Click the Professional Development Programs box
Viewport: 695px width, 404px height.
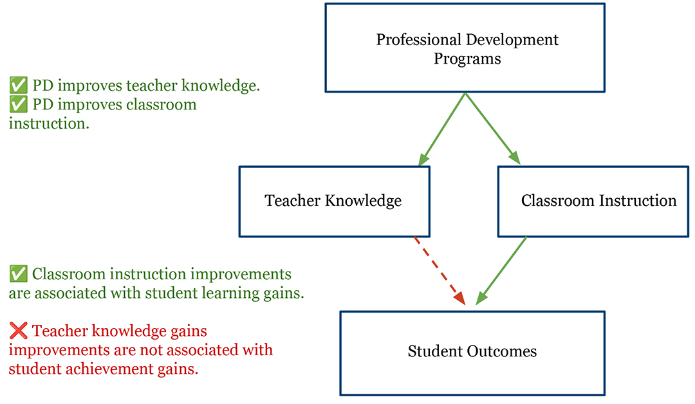(465, 48)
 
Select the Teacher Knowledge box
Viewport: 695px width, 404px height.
(334, 201)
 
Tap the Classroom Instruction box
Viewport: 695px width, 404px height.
(593, 201)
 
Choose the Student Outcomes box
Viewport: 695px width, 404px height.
(472, 354)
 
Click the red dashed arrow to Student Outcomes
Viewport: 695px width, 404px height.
(440, 271)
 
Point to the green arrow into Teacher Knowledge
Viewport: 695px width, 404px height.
(442, 129)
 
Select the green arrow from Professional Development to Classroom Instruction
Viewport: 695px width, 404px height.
(492, 129)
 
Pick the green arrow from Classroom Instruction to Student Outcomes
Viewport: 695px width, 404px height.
(501, 271)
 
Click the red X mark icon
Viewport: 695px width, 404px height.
(18, 331)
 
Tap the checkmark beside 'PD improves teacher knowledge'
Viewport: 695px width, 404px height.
(19, 85)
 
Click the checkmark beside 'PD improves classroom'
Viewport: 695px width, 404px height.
(19, 104)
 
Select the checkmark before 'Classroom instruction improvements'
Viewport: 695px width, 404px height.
(19, 274)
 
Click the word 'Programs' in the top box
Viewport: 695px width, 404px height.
(467, 59)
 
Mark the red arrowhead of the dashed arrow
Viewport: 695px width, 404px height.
(460, 298)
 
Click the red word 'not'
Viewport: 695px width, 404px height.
(152, 350)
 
